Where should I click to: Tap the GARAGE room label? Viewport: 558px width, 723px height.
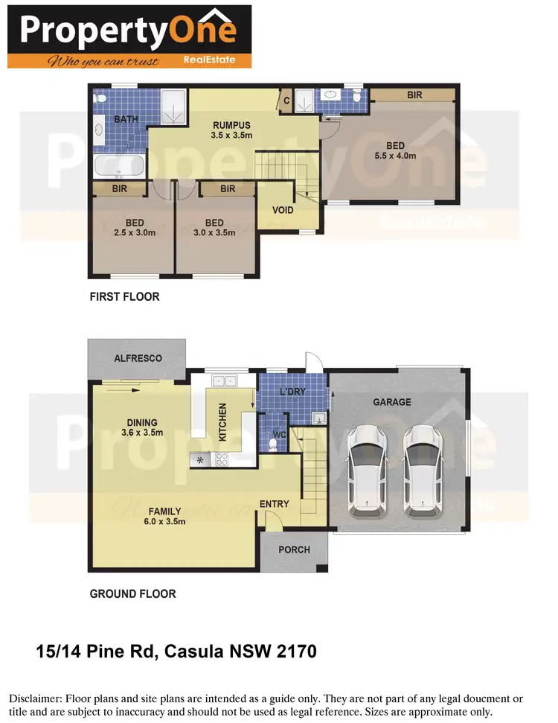pyautogui.click(x=392, y=402)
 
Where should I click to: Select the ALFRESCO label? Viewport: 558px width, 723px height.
pyautogui.click(x=138, y=358)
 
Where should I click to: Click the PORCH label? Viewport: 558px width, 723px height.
pyautogui.click(x=294, y=550)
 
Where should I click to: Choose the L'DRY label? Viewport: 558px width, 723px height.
pyautogui.click(x=293, y=392)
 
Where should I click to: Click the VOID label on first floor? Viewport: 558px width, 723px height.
pyautogui.click(x=283, y=210)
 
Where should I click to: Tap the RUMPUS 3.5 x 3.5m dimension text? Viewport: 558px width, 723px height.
pyautogui.click(x=231, y=136)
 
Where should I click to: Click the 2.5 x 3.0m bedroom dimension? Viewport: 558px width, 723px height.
pyautogui.click(x=135, y=233)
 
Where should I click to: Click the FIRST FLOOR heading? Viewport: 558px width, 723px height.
pyautogui.click(x=124, y=296)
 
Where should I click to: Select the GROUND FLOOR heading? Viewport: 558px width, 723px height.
pyautogui.click(x=132, y=593)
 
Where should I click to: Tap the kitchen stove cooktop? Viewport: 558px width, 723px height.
pyautogui.click(x=222, y=459)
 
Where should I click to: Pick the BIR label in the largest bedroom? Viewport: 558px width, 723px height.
pyautogui.click(x=414, y=95)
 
